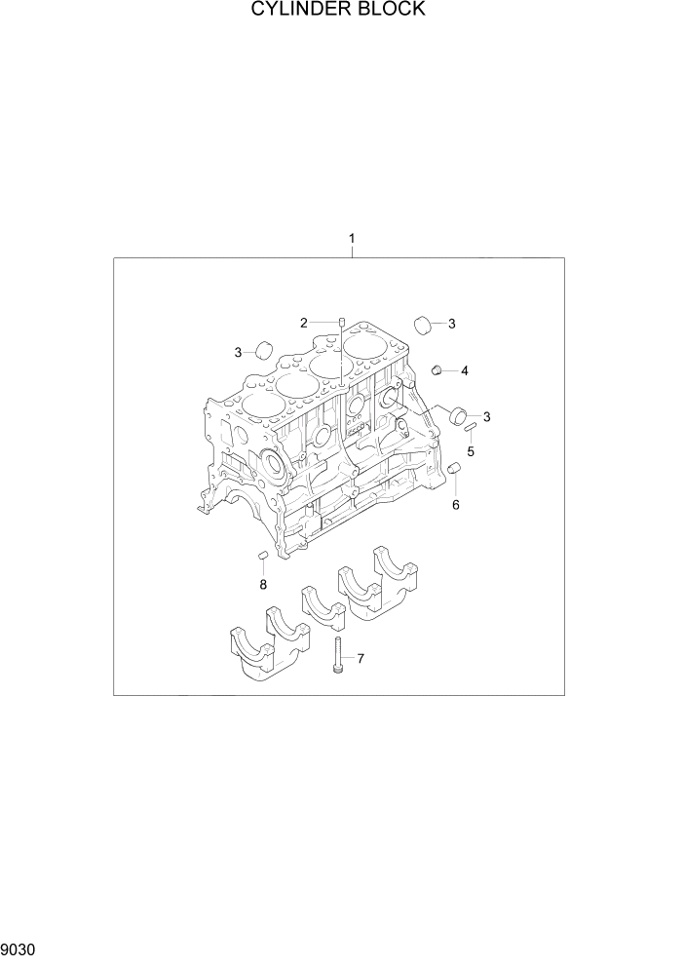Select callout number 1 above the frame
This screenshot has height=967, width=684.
tap(352, 239)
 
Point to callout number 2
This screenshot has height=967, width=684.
tap(304, 323)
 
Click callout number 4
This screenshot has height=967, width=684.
tap(465, 370)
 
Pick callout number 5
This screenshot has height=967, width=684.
tap(470, 452)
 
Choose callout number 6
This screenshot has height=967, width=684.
tap(455, 505)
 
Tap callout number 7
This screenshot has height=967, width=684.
tap(360, 660)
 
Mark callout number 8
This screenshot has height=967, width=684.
tap(262, 585)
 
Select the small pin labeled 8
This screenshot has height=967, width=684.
tap(262, 556)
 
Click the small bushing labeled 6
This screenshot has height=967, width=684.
tap(453, 473)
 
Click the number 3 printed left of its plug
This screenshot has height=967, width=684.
tap(238, 352)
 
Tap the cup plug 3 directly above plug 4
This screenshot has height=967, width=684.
tap(422, 324)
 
